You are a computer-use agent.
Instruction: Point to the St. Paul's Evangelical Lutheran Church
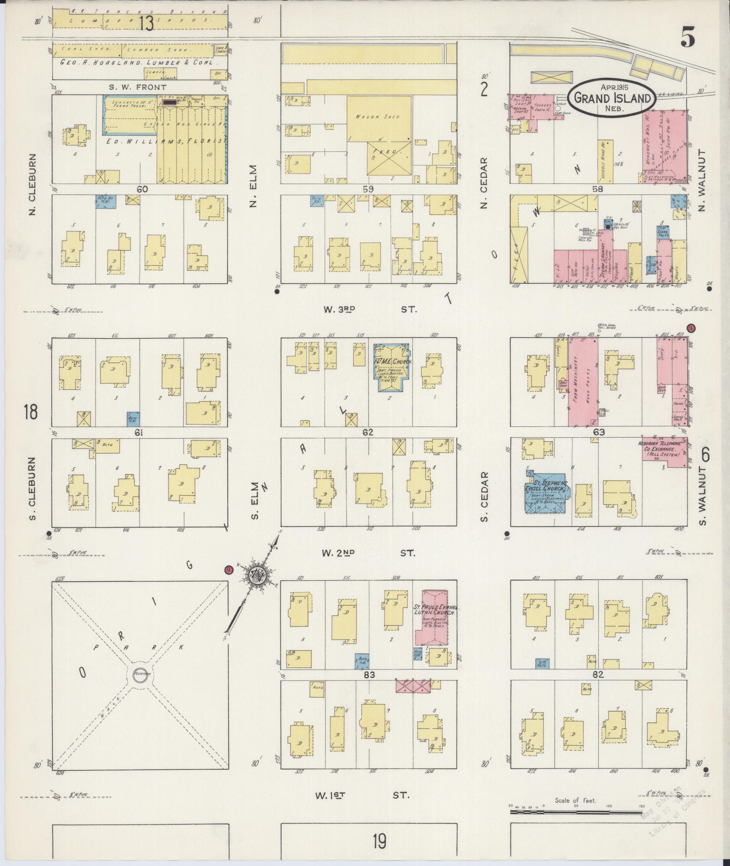point(432,617)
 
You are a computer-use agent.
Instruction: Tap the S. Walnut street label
point(702,498)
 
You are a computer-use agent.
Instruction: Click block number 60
point(142,189)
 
